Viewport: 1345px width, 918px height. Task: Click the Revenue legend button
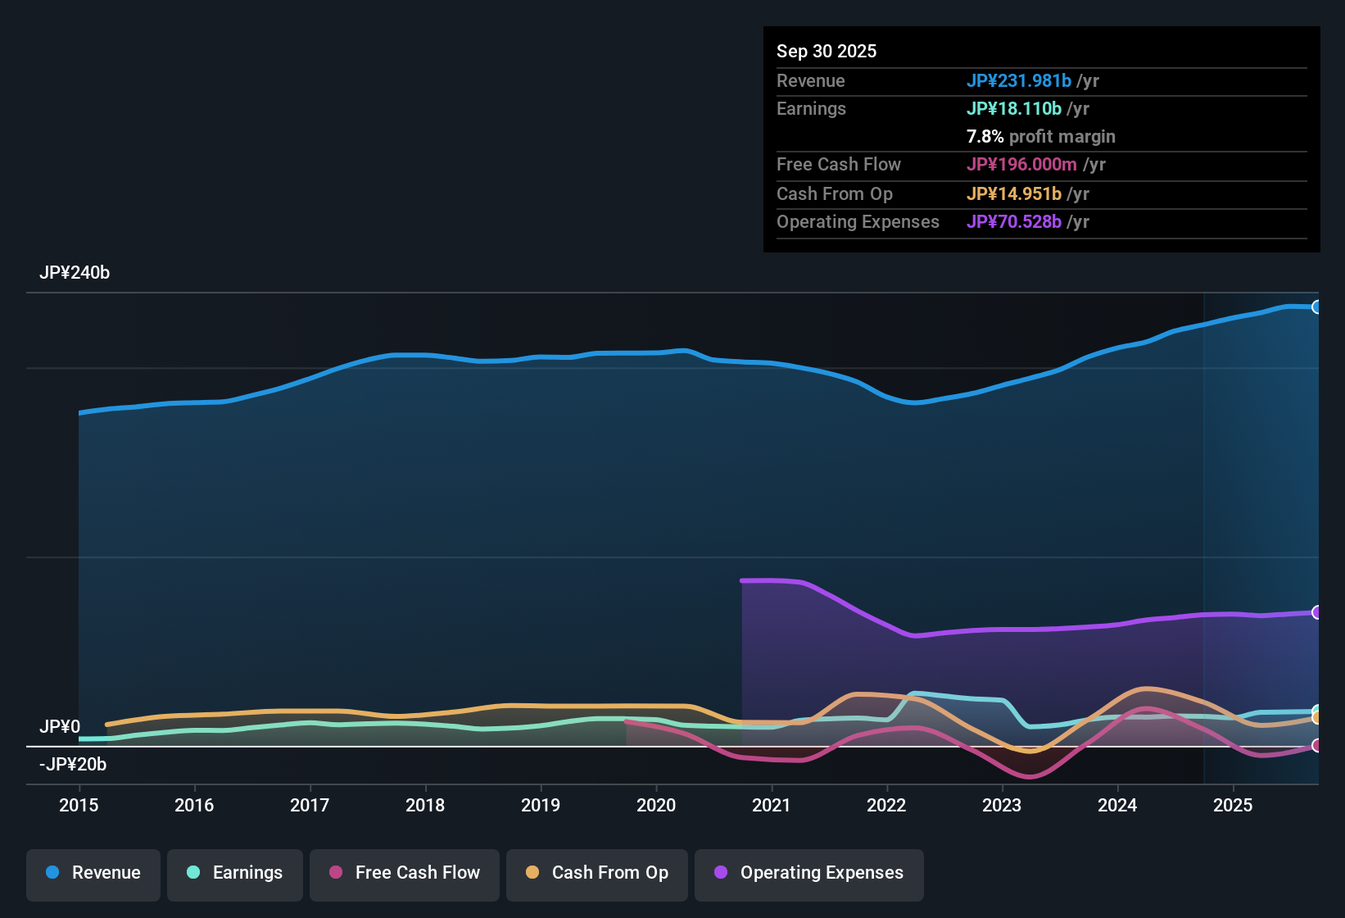tap(93, 874)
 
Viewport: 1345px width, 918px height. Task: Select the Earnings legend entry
tap(235, 874)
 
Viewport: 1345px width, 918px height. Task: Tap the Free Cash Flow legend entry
tap(405, 874)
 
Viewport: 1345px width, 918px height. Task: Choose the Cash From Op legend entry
tap(597, 874)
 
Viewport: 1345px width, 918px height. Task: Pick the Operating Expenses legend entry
tap(809, 874)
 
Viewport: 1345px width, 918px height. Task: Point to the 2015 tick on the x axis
tap(79, 806)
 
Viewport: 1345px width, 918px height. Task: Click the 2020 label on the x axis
tap(656, 806)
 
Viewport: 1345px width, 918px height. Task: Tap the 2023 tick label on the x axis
tap(1002, 806)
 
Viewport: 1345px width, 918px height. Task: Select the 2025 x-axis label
tap(1233, 806)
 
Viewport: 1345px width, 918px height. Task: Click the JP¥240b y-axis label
tap(75, 273)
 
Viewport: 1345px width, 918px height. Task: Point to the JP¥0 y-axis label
tap(60, 727)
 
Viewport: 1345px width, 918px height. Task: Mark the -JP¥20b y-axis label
tap(73, 765)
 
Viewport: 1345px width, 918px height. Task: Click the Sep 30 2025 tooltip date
tap(826, 52)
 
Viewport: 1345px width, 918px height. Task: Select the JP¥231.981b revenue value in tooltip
tap(1019, 81)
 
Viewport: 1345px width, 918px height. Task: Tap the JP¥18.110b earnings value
tap(1014, 109)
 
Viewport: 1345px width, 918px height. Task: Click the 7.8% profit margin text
tap(1041, 137)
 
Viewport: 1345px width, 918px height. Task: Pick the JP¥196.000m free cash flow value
tap(1021, 165)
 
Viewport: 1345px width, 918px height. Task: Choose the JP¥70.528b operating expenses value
tap(1014, 222)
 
